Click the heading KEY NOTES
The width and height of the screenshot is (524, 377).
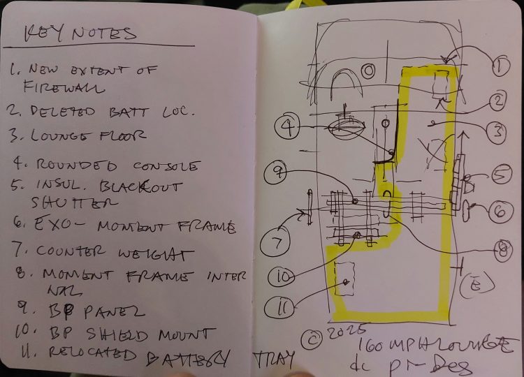pos(80,33)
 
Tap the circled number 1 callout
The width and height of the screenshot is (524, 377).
pos(499,67)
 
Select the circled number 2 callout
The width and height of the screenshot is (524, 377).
pos(497,101)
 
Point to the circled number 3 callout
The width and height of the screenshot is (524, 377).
pos(495,131)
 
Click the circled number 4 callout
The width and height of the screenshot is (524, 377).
pos(287,126)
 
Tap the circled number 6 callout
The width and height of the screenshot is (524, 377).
pos(500,209)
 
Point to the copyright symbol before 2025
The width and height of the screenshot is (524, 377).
pos(310,339)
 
